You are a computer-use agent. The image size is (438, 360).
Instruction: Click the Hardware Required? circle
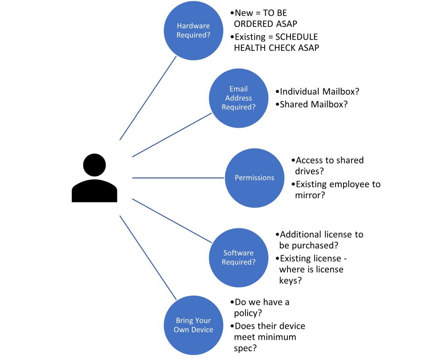tap(193, 30)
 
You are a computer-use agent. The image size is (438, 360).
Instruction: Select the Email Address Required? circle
tap(238, 98)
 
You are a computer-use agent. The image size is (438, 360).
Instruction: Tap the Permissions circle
tap(255, 178)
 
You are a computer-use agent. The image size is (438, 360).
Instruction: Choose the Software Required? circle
tap(238, 257)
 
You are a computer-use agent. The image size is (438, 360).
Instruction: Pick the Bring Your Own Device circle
tap(193, 325)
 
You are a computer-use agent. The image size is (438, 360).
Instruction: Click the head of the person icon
tap(94, 165)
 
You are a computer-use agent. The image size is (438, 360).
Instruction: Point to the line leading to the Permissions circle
tap(179, 178)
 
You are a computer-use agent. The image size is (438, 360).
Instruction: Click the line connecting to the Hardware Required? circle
tap(148, 98)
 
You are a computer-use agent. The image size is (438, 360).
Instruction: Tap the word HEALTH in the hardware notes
tap(249, 48)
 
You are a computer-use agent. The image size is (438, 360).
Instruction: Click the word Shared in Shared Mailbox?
tap(293, 104)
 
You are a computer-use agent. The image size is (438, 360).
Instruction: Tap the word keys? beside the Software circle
tap(290, 280)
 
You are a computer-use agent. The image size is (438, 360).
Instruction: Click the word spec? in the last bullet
tap(246, 348)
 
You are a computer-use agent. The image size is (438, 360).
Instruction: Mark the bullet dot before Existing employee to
tap(293, 185)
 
